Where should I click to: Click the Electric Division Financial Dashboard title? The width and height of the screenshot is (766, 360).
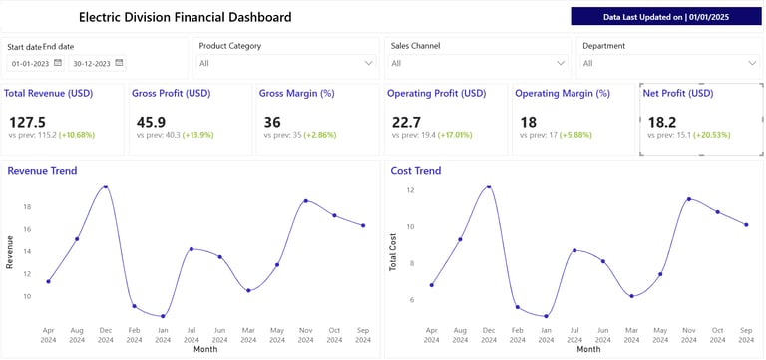pyautogui.click(x=185, y=17)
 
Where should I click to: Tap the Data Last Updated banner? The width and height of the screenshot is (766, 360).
pyautogui.click(x=666, y=17)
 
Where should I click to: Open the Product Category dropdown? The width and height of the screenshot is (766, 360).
pyautogui.click(x=284, y=63)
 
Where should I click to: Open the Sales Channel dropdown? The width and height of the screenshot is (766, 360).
pyautogui.click(x=476, y=63)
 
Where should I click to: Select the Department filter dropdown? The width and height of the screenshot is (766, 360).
pyautogui.click(x=667, y=63)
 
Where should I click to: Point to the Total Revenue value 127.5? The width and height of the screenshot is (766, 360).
pyautogui.click(x=27, y=122)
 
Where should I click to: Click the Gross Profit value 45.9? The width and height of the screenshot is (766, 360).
pyautogui.click(x=151, y=122)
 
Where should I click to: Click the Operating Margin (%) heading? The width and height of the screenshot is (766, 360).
pyautogui.click(x=562, y=93)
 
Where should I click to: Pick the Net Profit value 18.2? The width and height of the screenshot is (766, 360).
pyautogui.click(x=661, y=122)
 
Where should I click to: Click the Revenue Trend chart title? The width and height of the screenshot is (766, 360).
pyautogui.click(x=42, y=171)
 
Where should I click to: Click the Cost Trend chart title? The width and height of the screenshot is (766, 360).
pyautogui.click(x=416, y=171)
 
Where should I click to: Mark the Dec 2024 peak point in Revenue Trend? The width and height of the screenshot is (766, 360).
pyautogui.click(x=106, y=186)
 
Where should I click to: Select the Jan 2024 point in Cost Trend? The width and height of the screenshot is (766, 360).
pyautogui.click(x=546, y=316)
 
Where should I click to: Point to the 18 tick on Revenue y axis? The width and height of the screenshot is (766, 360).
pyautogui.click(x=27, y=207)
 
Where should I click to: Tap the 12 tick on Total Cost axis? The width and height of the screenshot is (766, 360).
pyautogui.click(x=410, y=189)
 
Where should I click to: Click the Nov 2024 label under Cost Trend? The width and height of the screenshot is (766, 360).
pyautogui.click(x=689, y=335)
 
